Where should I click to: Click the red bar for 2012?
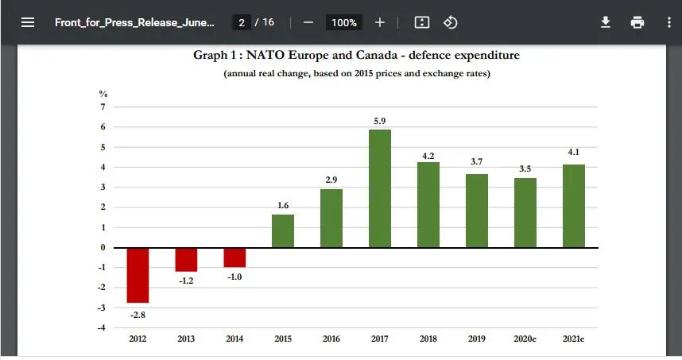click(138, 275)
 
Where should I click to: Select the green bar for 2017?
click(380, 188)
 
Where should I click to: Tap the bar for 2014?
click(234, 257)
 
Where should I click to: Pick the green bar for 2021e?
click(573, 206)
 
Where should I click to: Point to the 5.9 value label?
click(380, 121)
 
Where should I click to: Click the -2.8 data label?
click(138, 315)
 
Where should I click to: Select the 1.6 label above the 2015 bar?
click(283, 205)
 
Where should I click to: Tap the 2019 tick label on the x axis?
click(477, 339)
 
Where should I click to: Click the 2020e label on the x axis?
click(525, 339)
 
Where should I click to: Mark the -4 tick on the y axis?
click(102, 328)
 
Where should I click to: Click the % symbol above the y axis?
click(103, 93)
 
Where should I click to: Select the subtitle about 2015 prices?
click(356, 74)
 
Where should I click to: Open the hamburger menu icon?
click(28, 22)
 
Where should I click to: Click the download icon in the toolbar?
click(606, 22)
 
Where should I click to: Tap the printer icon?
click(637, 22)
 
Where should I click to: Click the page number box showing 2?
click(241, 22)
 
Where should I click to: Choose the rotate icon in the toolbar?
click(450, 22)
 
